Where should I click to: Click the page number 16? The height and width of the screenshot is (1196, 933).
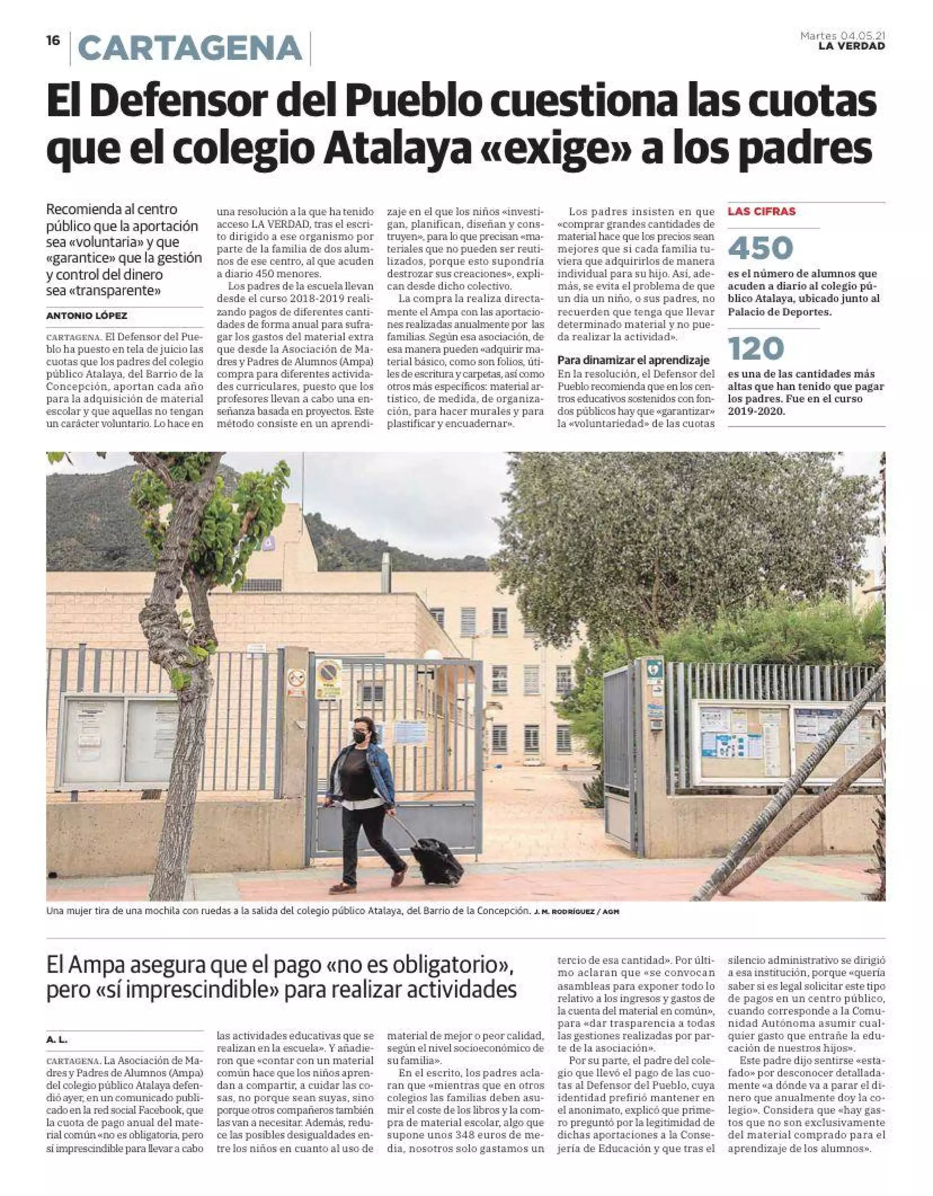pos(53,41)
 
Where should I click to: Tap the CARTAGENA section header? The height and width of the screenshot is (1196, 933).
pos(190,48)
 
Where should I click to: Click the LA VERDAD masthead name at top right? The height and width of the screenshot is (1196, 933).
pos(851,46)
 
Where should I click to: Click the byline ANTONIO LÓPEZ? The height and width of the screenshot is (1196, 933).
pos(87,316)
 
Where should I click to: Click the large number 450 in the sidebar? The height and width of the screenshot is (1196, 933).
pos(761,247)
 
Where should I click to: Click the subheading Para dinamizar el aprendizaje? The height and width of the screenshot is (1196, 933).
pos(633,360)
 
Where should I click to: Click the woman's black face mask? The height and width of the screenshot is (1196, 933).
pos(361,737)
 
